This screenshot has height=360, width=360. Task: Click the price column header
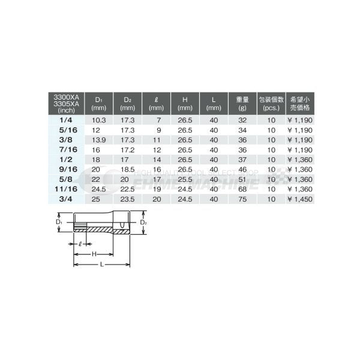click(x=298, y=103)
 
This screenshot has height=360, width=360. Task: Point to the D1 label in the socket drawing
click(x=59, y=223)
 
